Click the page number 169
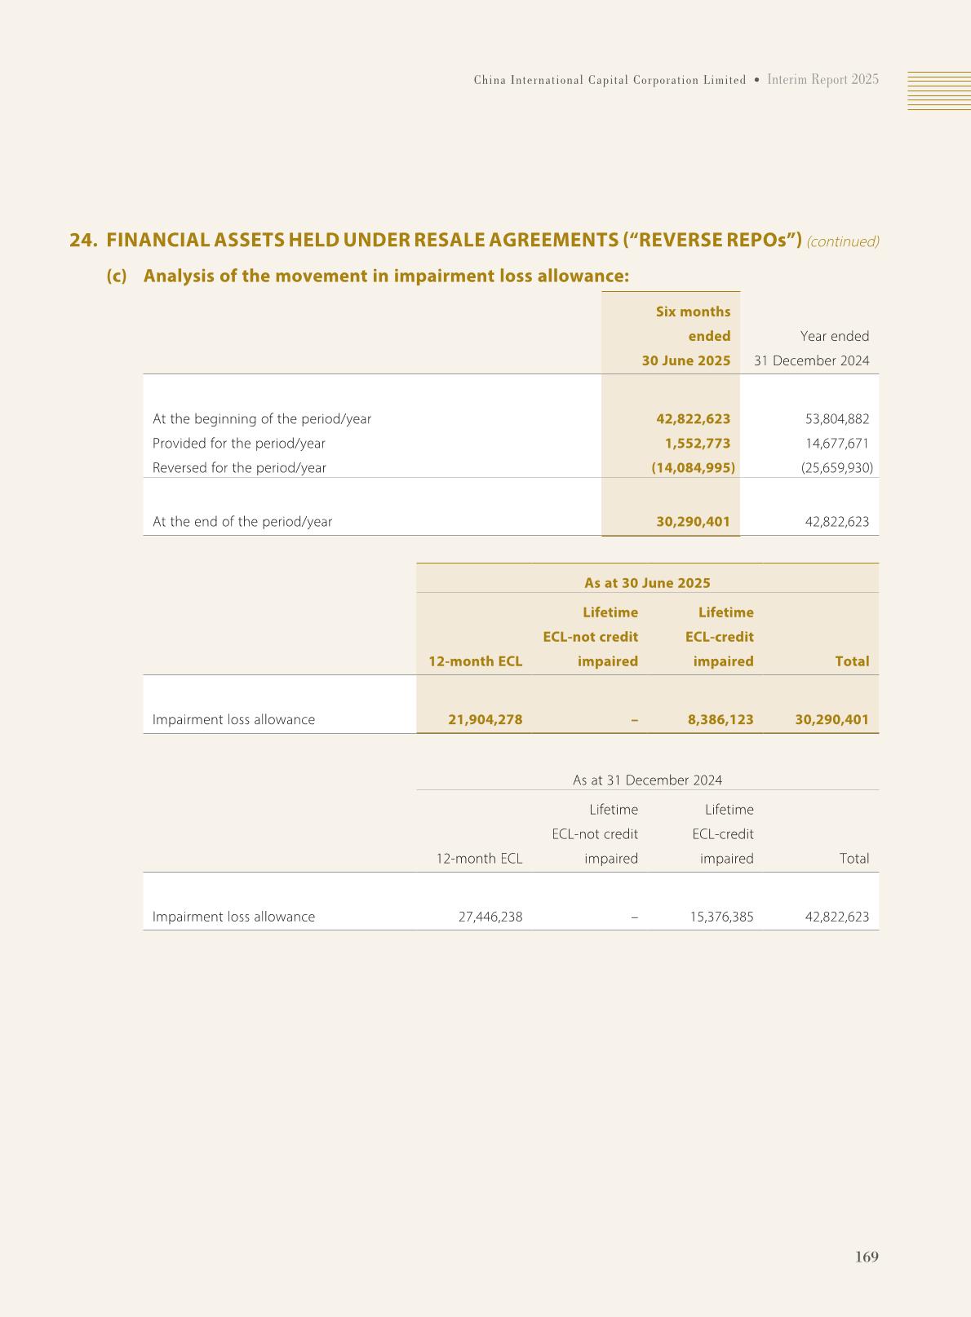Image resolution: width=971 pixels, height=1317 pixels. point(867,1257)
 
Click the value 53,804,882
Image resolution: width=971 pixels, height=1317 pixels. point(836,419)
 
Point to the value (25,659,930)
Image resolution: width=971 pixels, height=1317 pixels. point(836,468)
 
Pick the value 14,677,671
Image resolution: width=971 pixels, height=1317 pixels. point(836,444)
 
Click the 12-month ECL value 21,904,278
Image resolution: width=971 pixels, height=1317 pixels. point(485,720)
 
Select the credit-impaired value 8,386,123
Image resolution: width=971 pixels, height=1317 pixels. point(720,720)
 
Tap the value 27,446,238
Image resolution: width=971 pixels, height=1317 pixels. point(490,917)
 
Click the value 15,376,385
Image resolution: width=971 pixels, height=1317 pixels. point(722,917)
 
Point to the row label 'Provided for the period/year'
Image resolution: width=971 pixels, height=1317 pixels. point(239,444)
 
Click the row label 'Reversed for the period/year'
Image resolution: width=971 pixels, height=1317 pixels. point(239,468)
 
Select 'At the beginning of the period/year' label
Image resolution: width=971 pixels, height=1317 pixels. point(262,419)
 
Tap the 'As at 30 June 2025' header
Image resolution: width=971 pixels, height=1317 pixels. point(647,583)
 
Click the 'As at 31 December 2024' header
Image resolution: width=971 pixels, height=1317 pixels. point(647,780)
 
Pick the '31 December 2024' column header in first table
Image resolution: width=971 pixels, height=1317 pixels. point(811,360)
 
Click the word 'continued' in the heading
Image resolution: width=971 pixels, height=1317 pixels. point(843,242)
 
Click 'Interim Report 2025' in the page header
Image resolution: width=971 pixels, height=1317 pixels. point(823,80)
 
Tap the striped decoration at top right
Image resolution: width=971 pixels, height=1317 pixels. point(939,91)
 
